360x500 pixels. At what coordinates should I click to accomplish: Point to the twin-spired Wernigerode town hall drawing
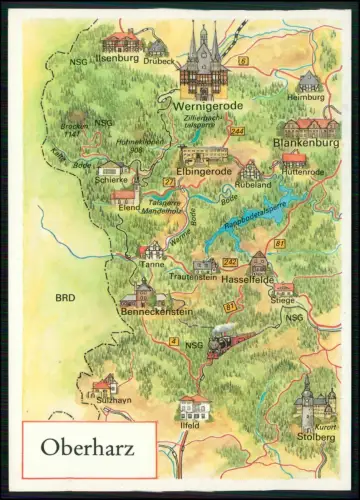(x=203, y=62)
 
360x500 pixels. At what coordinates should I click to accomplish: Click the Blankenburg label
(x=305, y=143)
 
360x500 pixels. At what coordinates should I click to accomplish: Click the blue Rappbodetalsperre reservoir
(x=240, y=232)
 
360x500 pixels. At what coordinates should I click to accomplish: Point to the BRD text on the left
(x=65, y=298)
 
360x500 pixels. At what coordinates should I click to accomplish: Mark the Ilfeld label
(x=191, y=425)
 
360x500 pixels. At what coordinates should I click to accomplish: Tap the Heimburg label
(x=310, y=98)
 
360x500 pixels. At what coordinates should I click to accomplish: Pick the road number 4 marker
(x=174, y=342)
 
